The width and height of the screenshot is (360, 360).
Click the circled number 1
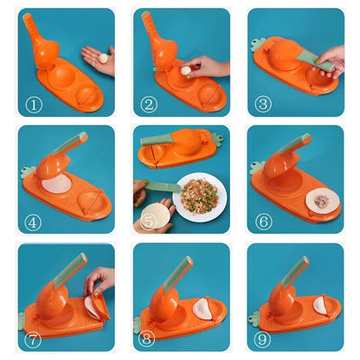(x=33, y=104)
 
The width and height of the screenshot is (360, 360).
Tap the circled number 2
(x=149, y=104)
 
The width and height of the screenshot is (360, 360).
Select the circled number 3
(x=264, y=104)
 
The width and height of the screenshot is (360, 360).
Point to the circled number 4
(x=33, y=222)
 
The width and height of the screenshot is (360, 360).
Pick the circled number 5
(x=149, y=222)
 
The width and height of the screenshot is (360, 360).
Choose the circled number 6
(x=264, y=222)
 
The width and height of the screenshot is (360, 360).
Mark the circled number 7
(x=33, y=339)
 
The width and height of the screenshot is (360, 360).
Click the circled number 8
(x=149, y=339)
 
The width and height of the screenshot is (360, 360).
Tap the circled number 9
(x=264, y=339)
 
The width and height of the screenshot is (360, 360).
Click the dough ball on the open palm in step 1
(x=104, y=58)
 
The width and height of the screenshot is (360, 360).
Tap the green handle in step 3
(x=310, y=58)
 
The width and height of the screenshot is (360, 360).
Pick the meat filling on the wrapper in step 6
(x=321, y=201)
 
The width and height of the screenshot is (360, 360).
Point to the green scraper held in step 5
(x=162, y=186)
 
